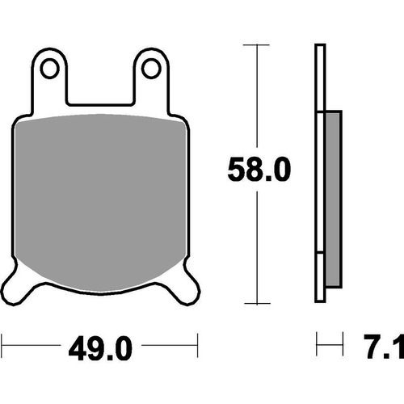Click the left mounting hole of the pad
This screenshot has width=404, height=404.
50,68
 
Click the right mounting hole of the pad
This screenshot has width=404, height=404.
151,68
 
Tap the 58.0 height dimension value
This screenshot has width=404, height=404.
259,170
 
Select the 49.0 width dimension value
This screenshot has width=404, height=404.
100,348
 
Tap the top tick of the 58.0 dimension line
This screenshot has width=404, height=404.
256,44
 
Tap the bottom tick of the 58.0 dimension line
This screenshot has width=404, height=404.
257,303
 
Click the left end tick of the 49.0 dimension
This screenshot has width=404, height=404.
2,346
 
